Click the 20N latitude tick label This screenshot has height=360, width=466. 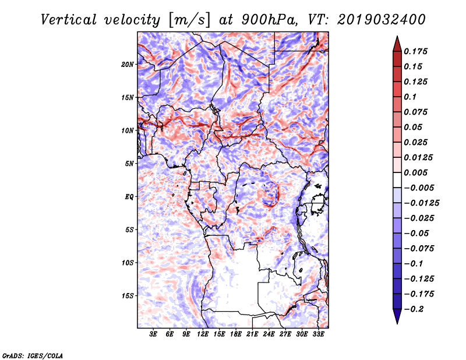128,64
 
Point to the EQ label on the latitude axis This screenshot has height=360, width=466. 129,196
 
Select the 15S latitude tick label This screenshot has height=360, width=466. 128,296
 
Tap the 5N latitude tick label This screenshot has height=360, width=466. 129,164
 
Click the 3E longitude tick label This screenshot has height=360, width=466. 153,334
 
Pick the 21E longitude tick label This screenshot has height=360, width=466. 252,334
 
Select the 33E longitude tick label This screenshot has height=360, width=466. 318,334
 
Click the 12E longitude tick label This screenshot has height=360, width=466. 202,334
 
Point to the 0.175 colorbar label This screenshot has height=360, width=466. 415,51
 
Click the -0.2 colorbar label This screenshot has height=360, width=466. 414,309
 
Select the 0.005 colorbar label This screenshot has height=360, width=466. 415,172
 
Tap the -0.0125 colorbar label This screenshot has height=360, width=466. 421,203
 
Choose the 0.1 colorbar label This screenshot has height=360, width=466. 410,97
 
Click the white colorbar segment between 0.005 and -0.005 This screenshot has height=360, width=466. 397,180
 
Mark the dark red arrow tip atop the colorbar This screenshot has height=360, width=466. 397,36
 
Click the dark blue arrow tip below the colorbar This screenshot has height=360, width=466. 397,323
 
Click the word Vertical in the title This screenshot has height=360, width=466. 69,20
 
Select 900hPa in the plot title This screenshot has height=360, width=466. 269,20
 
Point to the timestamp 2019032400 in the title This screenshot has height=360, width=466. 382,20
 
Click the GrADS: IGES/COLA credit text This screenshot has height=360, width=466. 33,355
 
